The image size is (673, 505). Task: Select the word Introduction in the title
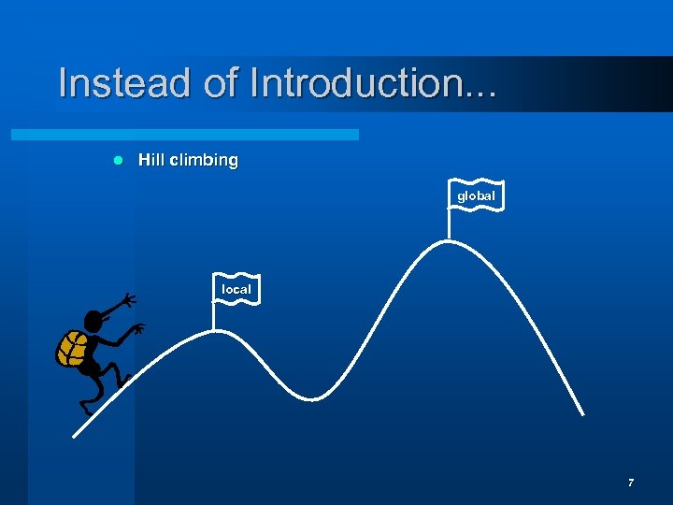coord(374,82)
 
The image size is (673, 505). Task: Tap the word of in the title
coord(221,82)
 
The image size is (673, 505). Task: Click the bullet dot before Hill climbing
coord(118,161)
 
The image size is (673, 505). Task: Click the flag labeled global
coord(476,195)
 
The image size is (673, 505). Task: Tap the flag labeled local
coord(236,290)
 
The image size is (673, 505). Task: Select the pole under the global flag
coord(450,225)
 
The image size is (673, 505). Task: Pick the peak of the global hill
coord(450,241)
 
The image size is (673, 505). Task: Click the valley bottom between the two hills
coord(313,399)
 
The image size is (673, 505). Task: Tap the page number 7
coord(631,483)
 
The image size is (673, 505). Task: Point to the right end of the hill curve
coord(583,414)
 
